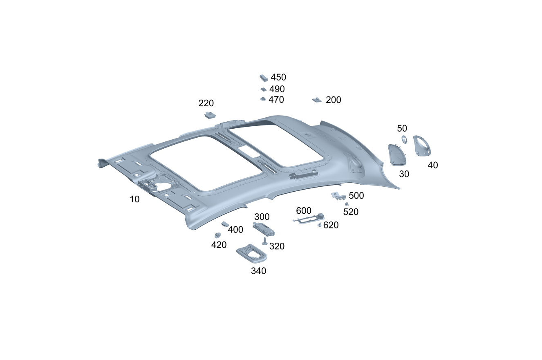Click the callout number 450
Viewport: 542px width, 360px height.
(x=278, y=77)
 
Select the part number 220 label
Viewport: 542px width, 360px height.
(x=206, y=103)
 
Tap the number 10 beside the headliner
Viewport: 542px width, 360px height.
(x=134, y=199)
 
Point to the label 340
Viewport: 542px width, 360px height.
(x=258, y=271)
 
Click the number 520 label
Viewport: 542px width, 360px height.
(x=351, y=212)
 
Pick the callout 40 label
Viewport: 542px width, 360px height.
(x=432, y=165)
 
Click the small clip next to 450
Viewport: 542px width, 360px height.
(x=264, y=78)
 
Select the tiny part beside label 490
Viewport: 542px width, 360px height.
(x=263, y=89)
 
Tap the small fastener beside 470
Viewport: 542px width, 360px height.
(x=263, y=99)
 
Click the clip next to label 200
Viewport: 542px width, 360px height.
(x=317, y=100)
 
